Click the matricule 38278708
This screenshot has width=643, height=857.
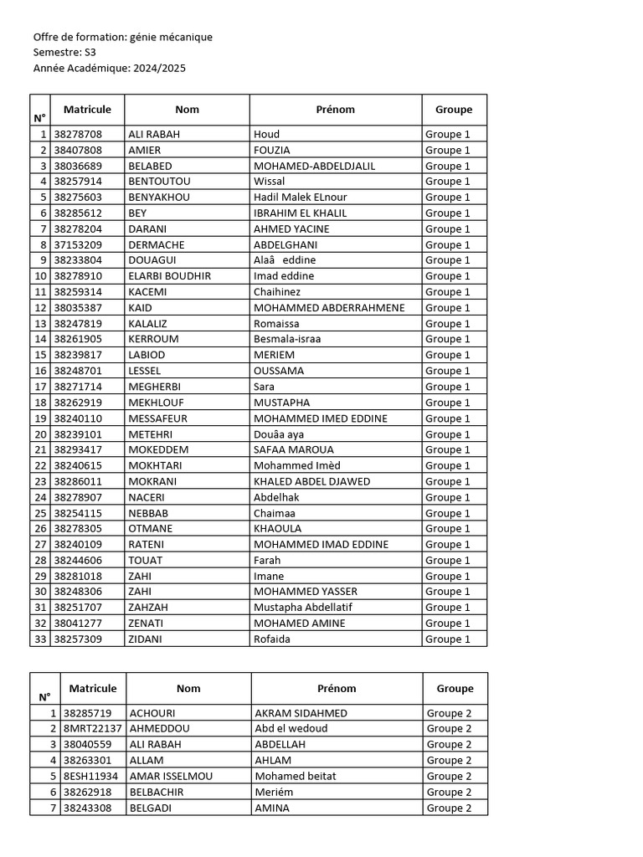pos(78,134)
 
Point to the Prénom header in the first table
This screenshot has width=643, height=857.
pos(335,110)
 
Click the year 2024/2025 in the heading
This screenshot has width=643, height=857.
pos(159,68)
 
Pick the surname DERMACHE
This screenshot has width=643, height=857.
pos(156,245)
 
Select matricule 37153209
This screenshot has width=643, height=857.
pos(78,245)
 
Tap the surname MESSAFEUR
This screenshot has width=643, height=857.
pos(157,418)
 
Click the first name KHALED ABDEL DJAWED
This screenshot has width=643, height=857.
pos(311,482)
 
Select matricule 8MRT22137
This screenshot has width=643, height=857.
pos(93,729)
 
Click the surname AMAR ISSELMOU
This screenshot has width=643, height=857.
pos(171,777)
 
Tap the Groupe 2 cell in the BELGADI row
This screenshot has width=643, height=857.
pos(449,808)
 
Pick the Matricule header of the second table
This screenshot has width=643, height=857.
pos(93,688)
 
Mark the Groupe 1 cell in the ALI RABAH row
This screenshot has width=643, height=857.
pos(448,134)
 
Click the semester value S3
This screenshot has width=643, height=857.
pos(90,53)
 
